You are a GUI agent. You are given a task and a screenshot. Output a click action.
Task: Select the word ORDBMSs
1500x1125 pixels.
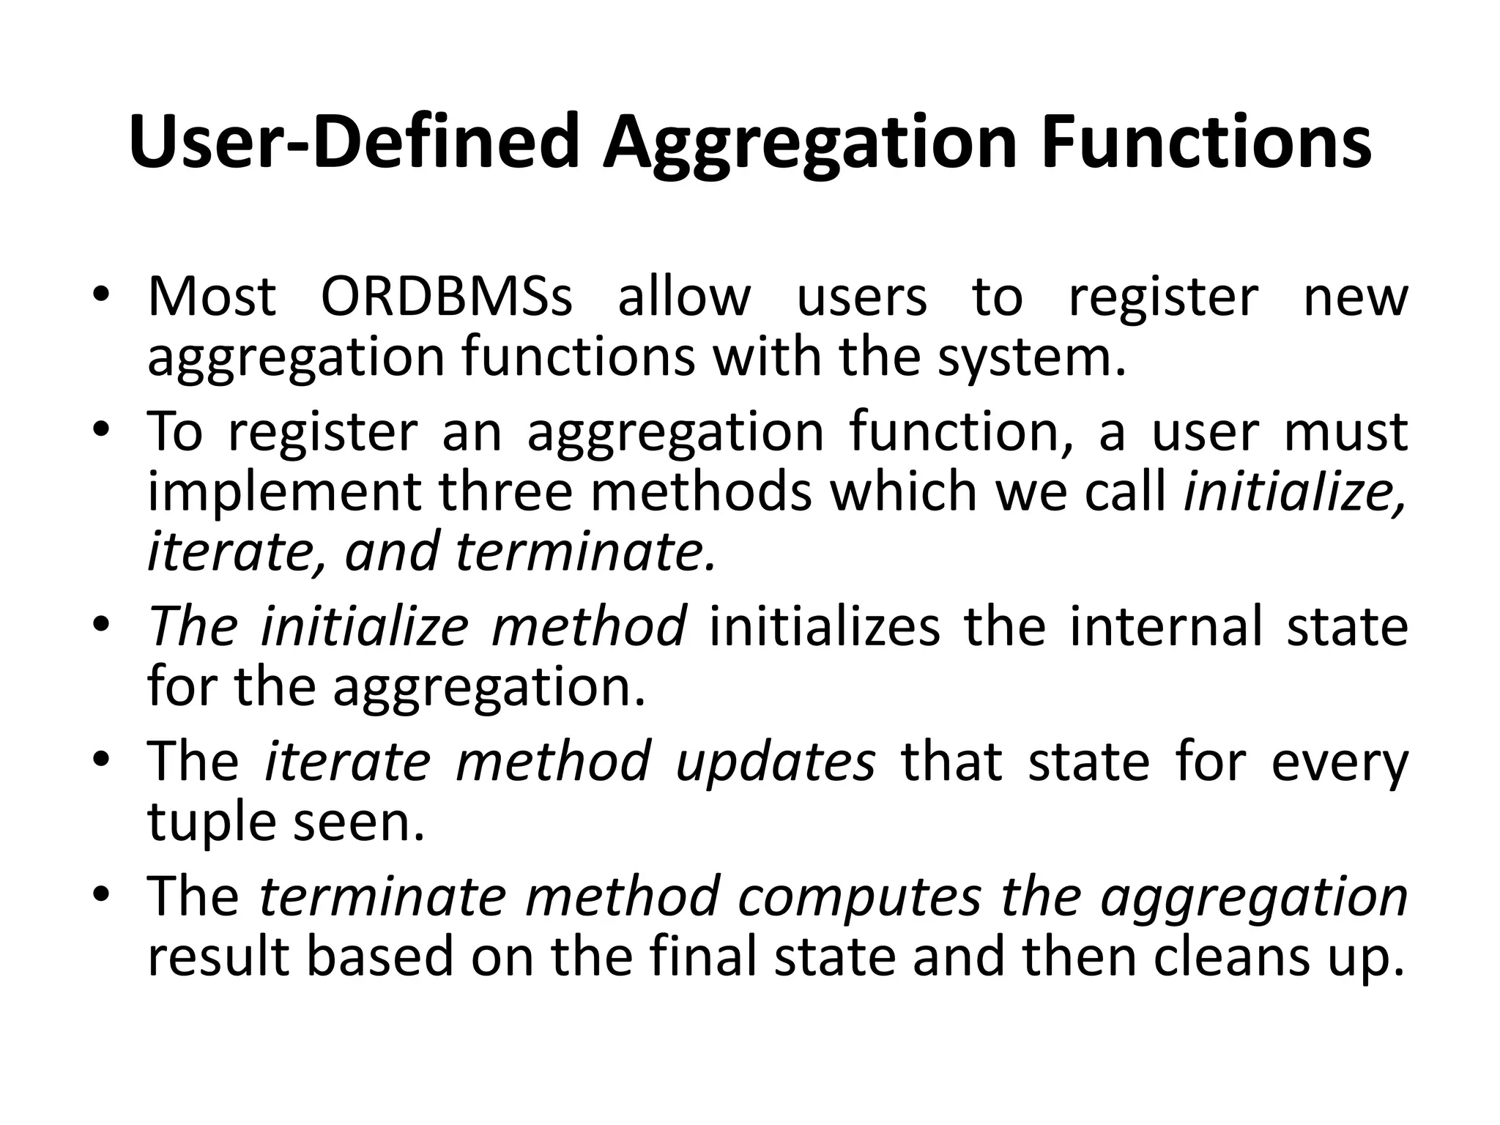tap(446, 297)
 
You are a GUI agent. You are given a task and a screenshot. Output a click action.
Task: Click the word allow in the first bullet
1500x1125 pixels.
tap(684, 297)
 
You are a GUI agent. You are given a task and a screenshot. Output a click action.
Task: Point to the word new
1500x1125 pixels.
tap(1356, 297)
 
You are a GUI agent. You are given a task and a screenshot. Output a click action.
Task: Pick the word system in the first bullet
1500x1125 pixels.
tap(1031, 357)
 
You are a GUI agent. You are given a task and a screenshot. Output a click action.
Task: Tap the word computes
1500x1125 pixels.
tap(859, 896)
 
